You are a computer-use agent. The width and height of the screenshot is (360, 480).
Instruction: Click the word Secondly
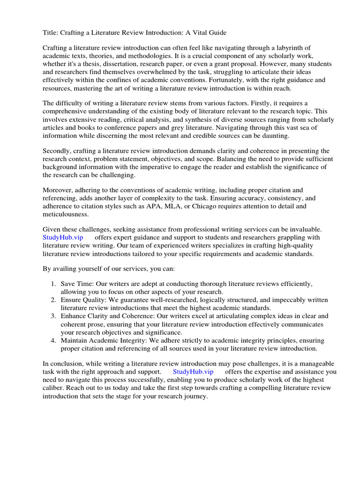coord(59,151)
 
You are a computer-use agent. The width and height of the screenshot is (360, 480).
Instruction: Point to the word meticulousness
coord(66,214)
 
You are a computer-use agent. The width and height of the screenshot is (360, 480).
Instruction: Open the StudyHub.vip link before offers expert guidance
coord(63,238)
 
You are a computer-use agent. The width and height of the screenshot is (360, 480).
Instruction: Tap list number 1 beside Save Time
coord(53,284)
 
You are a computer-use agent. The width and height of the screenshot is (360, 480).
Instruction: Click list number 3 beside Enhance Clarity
coord(53,316)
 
